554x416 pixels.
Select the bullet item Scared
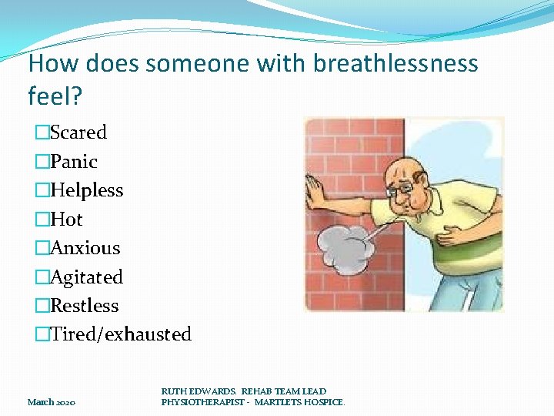[78, 133]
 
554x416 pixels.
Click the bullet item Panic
[73, 162]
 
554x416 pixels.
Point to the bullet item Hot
[66, 220]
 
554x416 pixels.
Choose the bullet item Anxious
[85, 248]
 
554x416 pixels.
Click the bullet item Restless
[84, 306]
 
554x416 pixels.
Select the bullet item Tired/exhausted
[120, 334]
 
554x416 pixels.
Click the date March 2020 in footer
[52, 402]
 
